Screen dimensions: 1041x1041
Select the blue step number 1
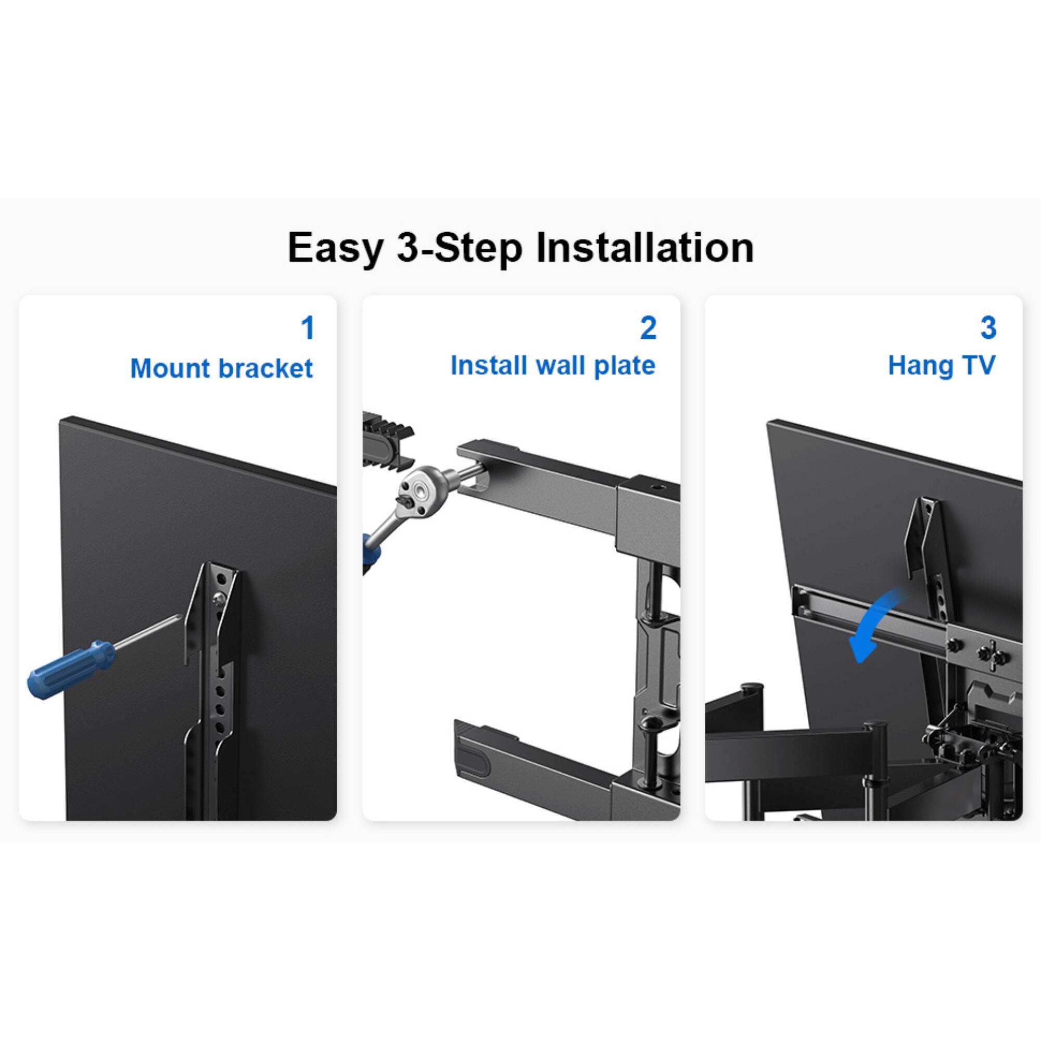click(x=308, y=328)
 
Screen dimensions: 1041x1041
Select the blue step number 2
click(x=648, y=328)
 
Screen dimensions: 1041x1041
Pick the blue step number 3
click(x=988, y=328)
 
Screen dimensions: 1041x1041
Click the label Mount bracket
click(x=221, y=369)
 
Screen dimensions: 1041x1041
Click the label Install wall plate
click(x=553, y=366)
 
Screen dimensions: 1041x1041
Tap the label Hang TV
click(x=941, y=366)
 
